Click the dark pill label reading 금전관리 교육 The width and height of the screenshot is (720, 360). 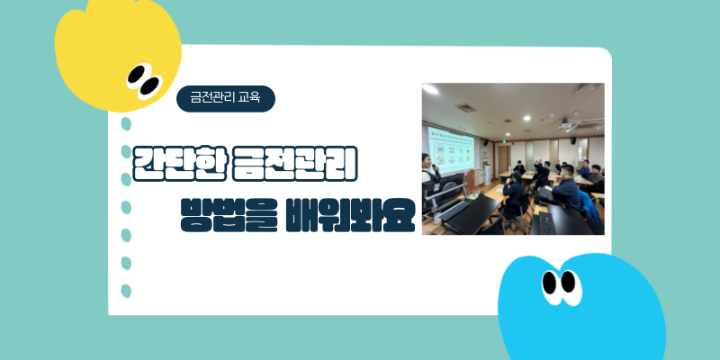[x=226, y=99]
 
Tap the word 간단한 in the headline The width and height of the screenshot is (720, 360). [x=180, y=164]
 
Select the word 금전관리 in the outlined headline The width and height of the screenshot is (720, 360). [x=295, y=164]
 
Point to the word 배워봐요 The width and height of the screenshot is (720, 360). [x=350, y=214]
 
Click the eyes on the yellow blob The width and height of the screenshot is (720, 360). [x=144, y=81]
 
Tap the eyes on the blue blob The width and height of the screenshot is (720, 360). [x=561, y=286]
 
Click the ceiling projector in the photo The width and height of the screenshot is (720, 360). [x=566, y=124]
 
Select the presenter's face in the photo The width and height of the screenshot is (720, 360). [x=427, y=162]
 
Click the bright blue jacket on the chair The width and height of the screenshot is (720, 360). [x=589, y=205]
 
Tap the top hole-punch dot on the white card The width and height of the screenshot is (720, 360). [x=126, y=124]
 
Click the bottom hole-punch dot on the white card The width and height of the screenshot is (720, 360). [x=126, y=291]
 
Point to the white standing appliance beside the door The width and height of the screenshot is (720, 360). [x=487, y=174]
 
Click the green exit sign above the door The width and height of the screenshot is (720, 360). [x=504, y=142]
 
